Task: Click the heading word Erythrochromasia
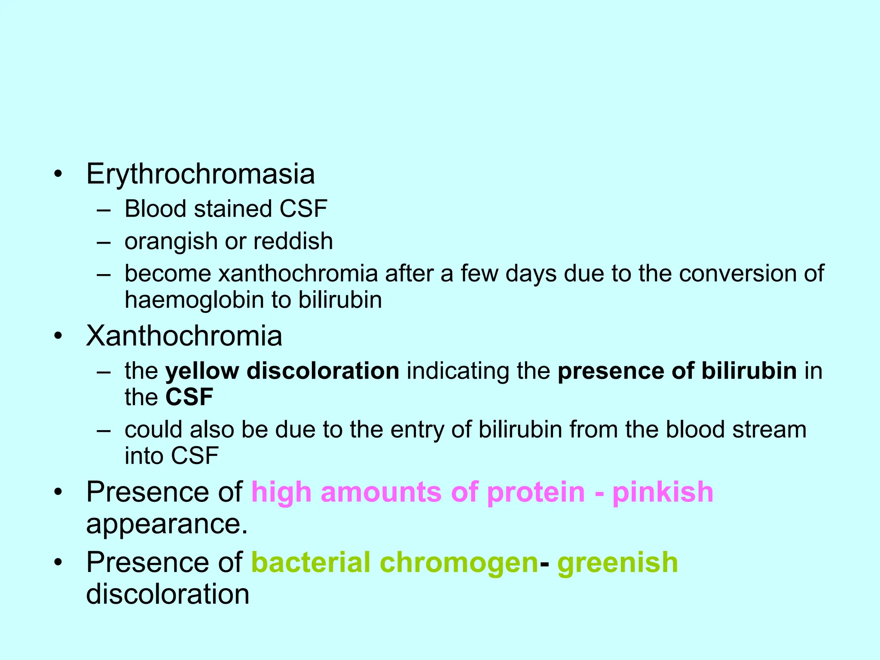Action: pyautogui.click(x=200, y=174)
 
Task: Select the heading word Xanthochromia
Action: pyautogui.click(x=184, y=336)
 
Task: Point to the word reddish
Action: pyautogui.click(x=293, y=241)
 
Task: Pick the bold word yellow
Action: pyautogui.click(x=202, y=371)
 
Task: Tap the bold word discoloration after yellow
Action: pyautogui.click(x=323, y=371)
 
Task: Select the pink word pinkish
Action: pyautogui.click(x=663, y=492)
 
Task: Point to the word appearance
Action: pyautogui.click(x=167, y=525)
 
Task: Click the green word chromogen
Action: pyautogui.click(x=459, y=563)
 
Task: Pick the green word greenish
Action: pyautogui.click(x=617, y=563)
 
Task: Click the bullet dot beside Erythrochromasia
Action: pyautogui.click(x=58, y=174)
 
